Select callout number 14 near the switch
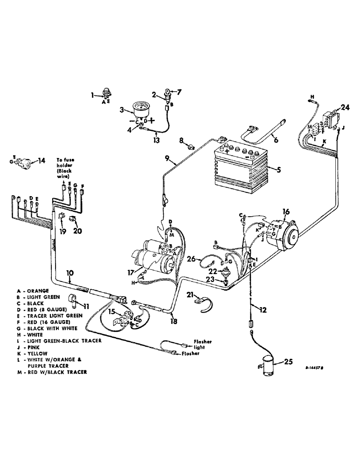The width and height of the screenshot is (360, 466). coord(42,161)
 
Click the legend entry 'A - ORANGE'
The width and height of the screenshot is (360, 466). coord(32,291)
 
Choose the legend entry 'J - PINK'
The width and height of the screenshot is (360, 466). coord(28,347)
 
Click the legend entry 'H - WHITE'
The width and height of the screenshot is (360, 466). coord(30,335)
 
